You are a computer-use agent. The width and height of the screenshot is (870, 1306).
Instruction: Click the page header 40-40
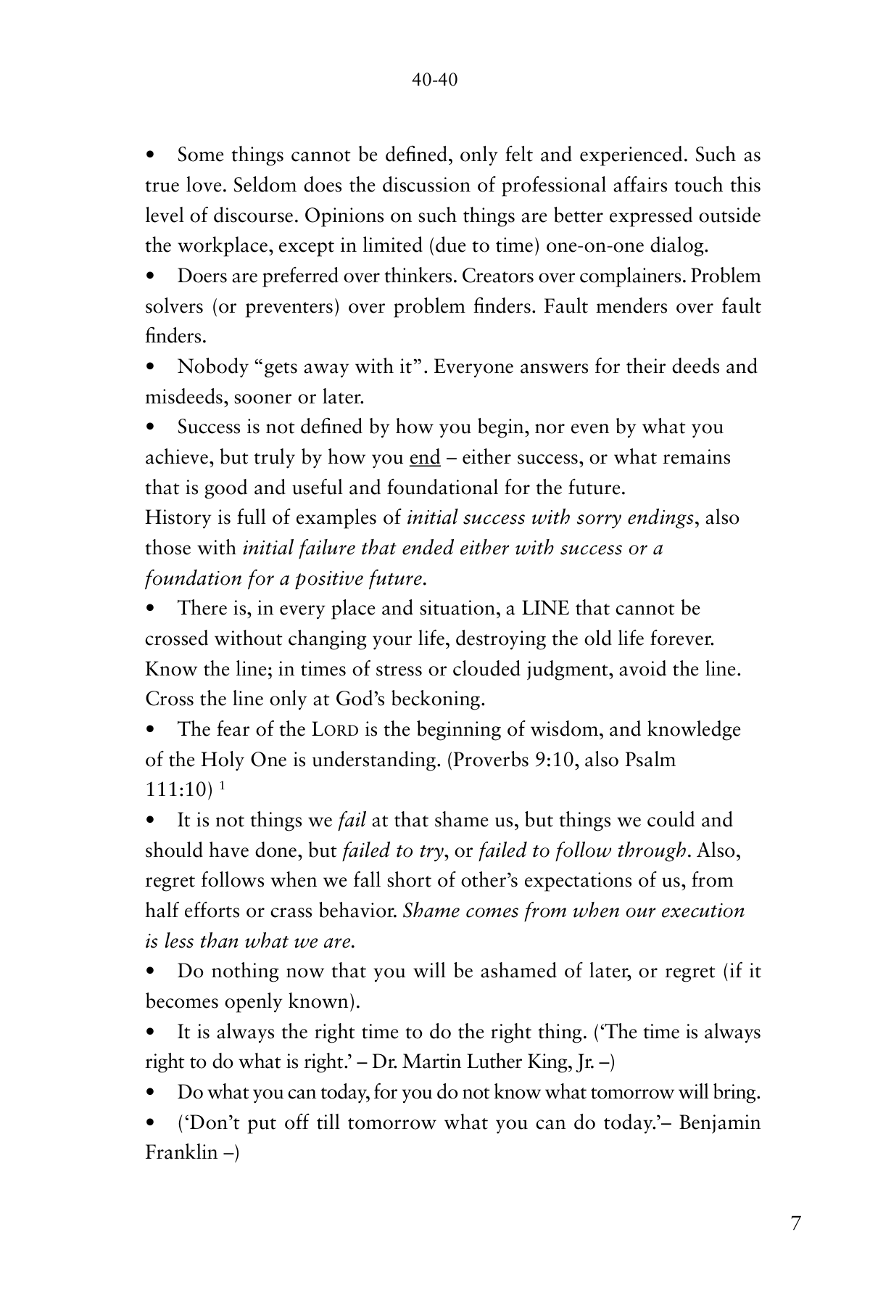[434, 80]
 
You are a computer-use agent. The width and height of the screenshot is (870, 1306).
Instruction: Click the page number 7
[796, 1223]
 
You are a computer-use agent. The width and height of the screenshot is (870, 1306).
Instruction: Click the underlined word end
[425, 458]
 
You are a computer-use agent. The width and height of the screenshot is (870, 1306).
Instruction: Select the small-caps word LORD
[336, 730]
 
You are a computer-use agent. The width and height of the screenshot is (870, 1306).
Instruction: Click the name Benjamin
[721, 1123]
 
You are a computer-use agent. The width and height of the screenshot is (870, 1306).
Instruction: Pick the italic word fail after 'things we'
[352, 821]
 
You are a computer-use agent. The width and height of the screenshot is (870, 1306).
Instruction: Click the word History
[177, 518]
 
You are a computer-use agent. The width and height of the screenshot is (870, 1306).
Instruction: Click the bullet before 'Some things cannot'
[150, 155]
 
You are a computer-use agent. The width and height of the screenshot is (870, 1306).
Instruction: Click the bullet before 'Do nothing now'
[150, 972]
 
